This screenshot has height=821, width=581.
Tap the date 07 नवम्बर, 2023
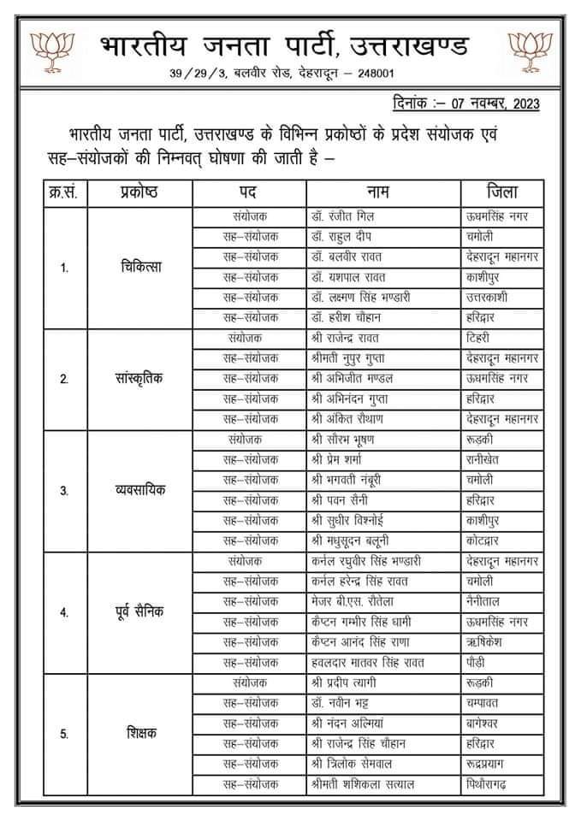coord(493,103)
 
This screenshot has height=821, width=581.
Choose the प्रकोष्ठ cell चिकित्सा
coord(142,267)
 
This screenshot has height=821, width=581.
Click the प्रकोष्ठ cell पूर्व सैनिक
coord(142,612)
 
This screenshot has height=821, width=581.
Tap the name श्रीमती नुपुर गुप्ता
coord(352,358)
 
